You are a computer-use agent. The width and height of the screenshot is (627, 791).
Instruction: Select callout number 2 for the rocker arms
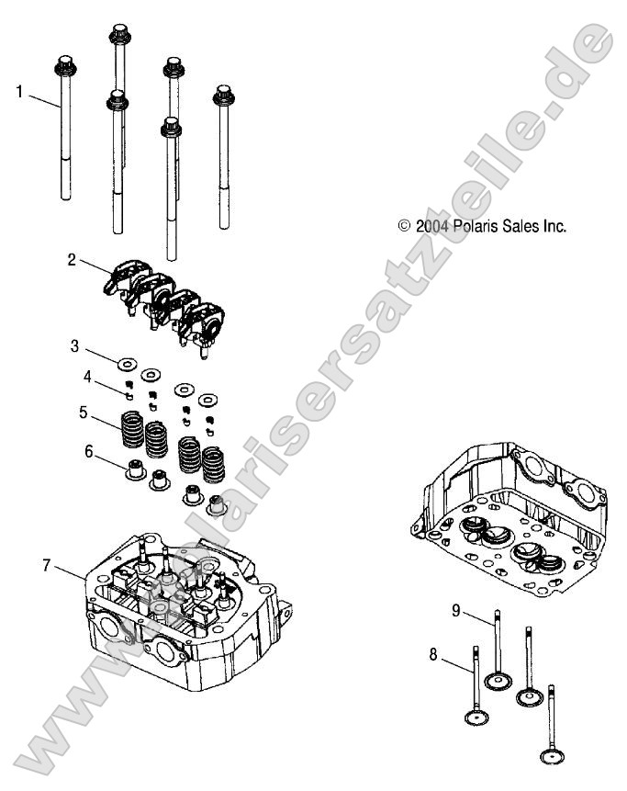pyautogui.click(x=71, y=259)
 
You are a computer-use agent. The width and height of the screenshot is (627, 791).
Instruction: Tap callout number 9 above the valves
pyautogui.click(x=456, y=609)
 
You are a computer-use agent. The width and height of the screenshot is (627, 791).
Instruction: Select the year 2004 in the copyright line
pyautogui.click(x=431, y=225)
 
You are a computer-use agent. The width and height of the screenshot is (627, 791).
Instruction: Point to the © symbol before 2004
pyautogui.click(x=403, y=225)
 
